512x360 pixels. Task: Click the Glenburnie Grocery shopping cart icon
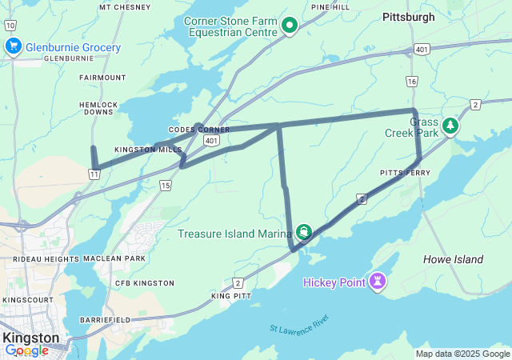point(13,47)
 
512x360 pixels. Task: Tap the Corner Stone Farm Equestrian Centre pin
point(290,26)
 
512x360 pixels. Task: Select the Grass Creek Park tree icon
point(451,126)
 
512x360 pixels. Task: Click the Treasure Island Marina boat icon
point(303,233)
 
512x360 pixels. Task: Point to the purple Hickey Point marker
point(377,282)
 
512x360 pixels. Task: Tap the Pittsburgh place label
point(408,17)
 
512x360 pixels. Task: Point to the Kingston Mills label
point(148,150)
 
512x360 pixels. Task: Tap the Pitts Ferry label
point(405,173)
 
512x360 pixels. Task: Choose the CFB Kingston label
point(144,283)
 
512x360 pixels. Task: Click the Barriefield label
point(105,319)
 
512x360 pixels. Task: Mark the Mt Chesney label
point(126,7)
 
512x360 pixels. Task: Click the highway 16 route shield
point(412,82)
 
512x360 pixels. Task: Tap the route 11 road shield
point(95,173)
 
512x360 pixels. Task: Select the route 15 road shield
point(165,186)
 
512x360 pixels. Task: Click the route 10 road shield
point(9,26)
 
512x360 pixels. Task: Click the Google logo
point(26,350)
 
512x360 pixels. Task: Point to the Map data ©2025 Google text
point(462,354)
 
